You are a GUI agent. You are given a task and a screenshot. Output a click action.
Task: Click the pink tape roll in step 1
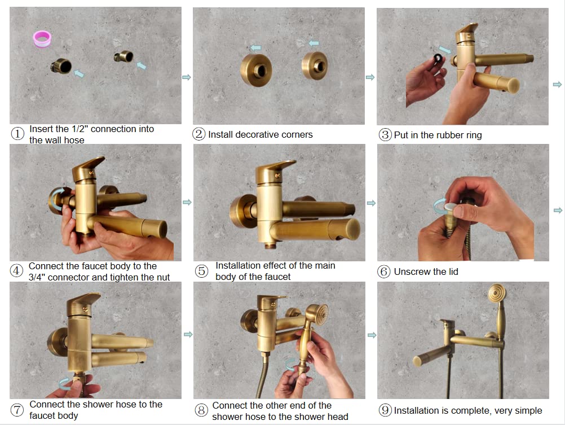pyautogui.click(x=42, y=38)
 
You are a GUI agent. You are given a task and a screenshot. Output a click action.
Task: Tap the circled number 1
pyautogui.click(x=17, y=134)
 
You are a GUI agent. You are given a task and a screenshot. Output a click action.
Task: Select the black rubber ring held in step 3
pyautogui.click(x=438, y=59)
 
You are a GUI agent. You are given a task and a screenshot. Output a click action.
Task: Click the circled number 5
pyautogui.click(x=201, y=271)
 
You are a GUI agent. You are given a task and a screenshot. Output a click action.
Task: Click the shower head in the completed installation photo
pyautogui.click(x=497, y=293)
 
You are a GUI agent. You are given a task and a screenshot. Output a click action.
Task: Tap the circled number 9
pyautogui.click(x=385, y=410)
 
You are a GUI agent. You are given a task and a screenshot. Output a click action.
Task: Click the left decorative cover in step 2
pyautogui.click(x=256, y=70)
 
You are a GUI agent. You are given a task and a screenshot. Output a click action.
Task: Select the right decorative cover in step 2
pyautogui.click(x=315, y=65)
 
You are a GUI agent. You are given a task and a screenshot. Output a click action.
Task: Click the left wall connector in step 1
pyautogui.click(x=61, y=66)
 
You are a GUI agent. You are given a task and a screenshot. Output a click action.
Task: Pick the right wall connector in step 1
pyautogui.click(x=124, y=56)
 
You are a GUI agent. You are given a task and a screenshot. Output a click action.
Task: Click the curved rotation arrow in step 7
pyautogui.click(x=65, y=384)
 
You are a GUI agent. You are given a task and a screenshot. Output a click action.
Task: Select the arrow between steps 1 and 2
pyautogui.click(x=187, y=77)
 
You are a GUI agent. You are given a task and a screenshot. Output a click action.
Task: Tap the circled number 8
pyautogui.click(x=201, y=410)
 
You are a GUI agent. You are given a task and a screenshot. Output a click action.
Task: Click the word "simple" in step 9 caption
pyautogui.click(x=528, y=411)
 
